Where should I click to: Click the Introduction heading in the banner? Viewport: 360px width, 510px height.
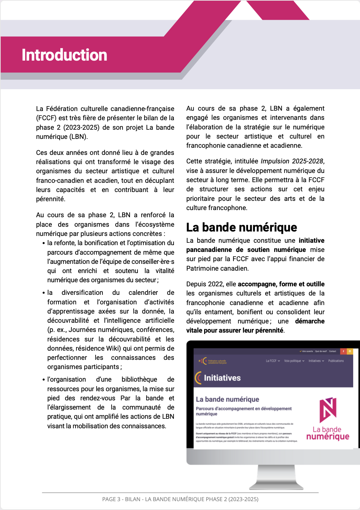[64, 55]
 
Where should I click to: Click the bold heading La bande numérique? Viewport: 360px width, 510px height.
[242, 227]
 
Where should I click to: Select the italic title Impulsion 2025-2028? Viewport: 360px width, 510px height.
[292, 161]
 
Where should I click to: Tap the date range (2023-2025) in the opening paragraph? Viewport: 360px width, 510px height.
[81, 127]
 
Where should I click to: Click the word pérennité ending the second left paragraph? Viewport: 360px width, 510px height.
[50, 199]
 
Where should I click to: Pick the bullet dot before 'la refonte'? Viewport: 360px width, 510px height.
[44, 243]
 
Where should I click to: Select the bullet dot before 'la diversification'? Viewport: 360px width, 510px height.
[44, 293]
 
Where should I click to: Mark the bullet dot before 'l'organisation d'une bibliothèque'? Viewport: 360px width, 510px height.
[44, 380]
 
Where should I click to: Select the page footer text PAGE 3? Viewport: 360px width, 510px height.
[111, 499]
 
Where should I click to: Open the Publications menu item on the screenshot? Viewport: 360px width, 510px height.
[336, 361]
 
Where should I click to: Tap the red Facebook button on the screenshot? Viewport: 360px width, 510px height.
[343, 351]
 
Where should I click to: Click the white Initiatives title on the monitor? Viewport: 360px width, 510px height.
[222, 378]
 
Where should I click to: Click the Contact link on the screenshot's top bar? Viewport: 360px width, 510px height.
[332, 351]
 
